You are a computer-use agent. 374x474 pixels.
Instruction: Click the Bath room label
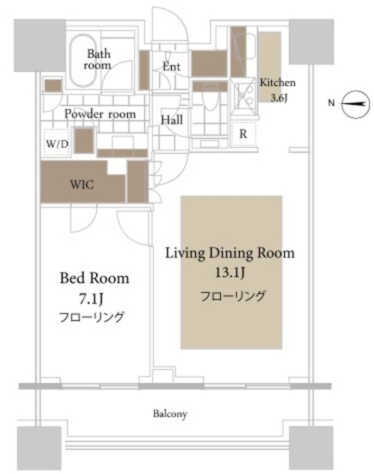click(x=97, y=59)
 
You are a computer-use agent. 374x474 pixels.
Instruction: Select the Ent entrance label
click(x=171, y=66)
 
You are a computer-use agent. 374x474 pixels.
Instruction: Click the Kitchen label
click(x=278, y=82)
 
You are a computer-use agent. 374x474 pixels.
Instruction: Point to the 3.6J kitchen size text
click(x=278, y=98)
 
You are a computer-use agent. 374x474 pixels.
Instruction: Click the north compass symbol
click(x=356, y=104)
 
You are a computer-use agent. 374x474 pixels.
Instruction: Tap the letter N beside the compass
click(x=331, y=103)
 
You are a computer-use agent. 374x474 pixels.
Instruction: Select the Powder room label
click(x=100, y=114)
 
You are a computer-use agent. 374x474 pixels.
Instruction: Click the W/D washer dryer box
click(x=56, y=143)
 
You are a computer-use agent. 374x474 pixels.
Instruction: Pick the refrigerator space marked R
click(x=243, y=134)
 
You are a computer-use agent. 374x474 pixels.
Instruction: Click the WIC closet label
click(x=82, y=184)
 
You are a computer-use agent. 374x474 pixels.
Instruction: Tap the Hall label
click(x=171, y=120)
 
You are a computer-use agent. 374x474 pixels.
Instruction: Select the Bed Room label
click(x=94, y=278)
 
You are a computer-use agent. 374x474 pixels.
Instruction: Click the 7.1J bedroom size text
click(x=91, y=299)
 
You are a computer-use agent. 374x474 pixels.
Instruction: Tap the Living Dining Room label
click(x=230, y=253)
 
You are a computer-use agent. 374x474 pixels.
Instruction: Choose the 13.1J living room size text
click(x=230, y=273)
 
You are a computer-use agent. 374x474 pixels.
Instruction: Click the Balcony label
click(x=170, y=413)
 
